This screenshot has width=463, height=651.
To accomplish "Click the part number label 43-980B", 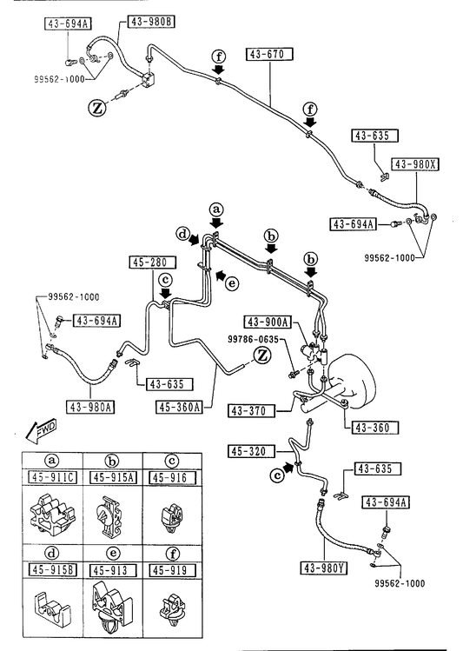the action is pyautogui.click(x=150, y=22).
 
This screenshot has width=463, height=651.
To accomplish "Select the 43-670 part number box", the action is pyautogui.click(x=269, y=54).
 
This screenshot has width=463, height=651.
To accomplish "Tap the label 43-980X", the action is pyautogui.click(x=415, y=164).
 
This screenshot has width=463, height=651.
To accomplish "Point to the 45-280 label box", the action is pyautogui.click(x=152, y=262).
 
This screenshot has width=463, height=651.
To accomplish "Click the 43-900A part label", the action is pyautogui.click(x=268, y=322).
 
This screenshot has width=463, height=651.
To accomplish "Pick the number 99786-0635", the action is pyautogui.click(x=253, y=339).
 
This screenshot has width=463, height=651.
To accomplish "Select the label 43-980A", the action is pyautogui.click(x=90, y=407).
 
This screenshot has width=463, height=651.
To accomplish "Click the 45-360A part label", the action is pyautogui.click(x=179, y=408).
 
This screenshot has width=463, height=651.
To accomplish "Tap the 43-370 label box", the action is pyautogui.click(x=251, y=411).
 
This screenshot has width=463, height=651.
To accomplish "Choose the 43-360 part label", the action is pyautogui.click(x=375, y=428).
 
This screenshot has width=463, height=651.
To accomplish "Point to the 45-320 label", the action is pyautogui.click(x=251, y=451).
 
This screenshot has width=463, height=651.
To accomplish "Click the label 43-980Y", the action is pyautogui.click(x=324, y=568).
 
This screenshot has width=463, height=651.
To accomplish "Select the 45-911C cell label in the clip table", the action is pyautogui.click(x=52, y=477).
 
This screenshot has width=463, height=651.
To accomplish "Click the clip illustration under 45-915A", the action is pyautogui.click(x=108, y=515).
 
